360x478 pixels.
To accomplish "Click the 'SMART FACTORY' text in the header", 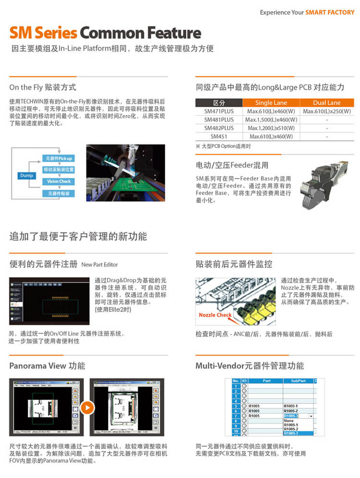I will tap(330, 12).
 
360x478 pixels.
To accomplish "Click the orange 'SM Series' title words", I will tap(44, 33).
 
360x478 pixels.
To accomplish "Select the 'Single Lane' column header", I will tap(271, 103).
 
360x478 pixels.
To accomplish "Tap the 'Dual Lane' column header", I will tap(326, 103).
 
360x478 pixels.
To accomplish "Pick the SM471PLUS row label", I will tap(219, 111).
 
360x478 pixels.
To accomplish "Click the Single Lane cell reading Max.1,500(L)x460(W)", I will tap(271, 119).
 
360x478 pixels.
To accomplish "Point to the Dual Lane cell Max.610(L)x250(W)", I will tap(326, 111).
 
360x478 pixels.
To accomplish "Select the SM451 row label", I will tap(219, 136).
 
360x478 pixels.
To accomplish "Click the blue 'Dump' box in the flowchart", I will tap(27, 176).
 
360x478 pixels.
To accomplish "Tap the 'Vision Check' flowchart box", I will tap(59, 181).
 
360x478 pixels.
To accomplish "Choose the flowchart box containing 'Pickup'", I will tap(59, 158).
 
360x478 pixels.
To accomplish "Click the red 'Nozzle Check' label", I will tap(215, 315).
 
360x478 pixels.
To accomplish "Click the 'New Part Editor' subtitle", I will tap(99, 264).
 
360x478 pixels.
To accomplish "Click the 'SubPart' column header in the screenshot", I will tap(292, 381).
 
